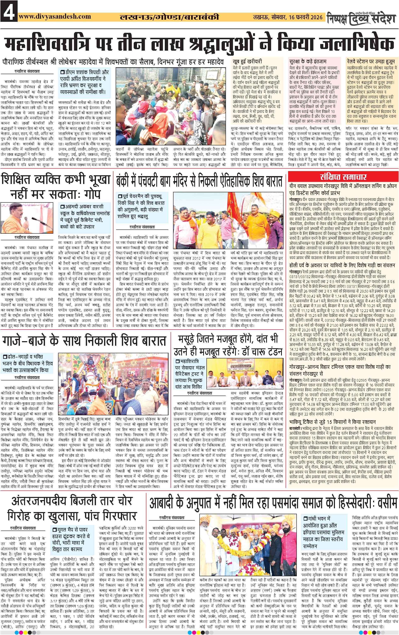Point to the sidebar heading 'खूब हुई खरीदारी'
[247, 61]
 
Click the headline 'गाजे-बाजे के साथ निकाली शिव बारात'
[84, 341]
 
